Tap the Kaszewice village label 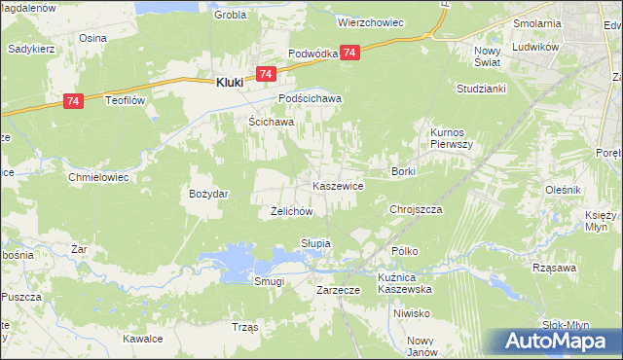pos(338,185)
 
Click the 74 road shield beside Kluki pos(266,74)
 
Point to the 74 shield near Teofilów pos(73,100)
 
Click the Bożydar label pos(208,194)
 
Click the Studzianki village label pos(479,89)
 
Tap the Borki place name pos(403,171)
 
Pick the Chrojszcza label pos(416,209)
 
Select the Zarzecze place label pos(339,290)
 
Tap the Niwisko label pos(412,313)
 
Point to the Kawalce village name pos(142,339)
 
